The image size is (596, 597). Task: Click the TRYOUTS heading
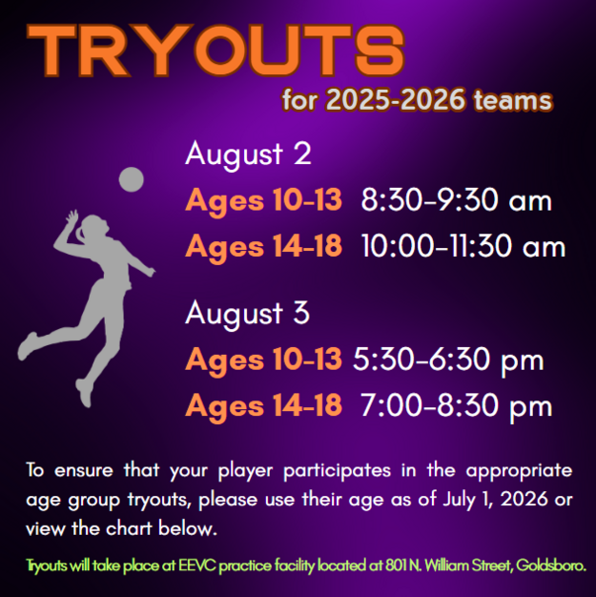point(215,50)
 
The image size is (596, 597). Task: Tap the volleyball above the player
point(131,179)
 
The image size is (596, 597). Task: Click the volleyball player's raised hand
point(71,216)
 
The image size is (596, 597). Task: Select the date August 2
point(248,154)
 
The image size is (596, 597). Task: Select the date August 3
point(247,313)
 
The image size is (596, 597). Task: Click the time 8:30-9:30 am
point(457,200)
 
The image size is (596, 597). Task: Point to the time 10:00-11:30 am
point(464,246)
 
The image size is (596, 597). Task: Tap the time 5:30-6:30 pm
point(449,360)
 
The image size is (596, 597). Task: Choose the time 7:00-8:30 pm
point(457,406)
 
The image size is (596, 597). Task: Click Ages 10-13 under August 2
point(264,200)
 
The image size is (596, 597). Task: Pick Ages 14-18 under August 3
point(264,406)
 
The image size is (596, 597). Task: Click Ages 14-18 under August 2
point(264,246)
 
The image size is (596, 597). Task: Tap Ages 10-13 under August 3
point(264,360)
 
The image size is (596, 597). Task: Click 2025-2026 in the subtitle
point(395,100)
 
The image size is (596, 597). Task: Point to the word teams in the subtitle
point(513,100)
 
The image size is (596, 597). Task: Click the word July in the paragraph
point(459,499)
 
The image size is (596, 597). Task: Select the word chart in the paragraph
point(129,529)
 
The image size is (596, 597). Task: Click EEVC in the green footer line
point(198,565)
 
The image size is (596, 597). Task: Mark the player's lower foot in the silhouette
point(85,393)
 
